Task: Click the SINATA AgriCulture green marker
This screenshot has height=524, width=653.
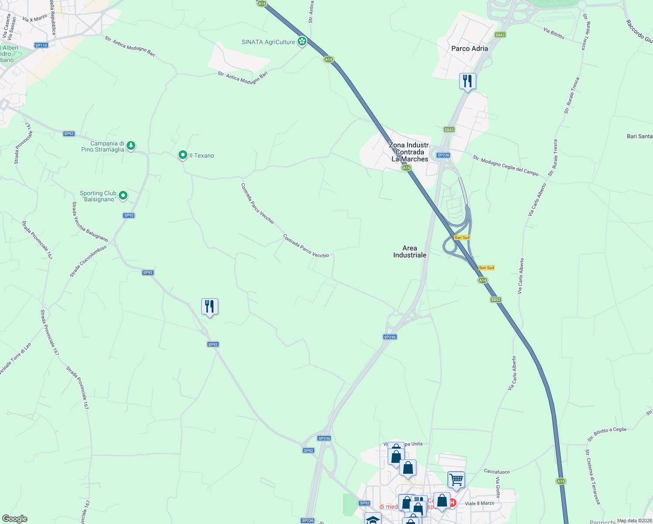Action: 302,42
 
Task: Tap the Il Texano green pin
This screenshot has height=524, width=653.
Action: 183,155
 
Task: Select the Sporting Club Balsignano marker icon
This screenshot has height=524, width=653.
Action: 123,196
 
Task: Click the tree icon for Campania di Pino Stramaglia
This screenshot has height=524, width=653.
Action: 131,146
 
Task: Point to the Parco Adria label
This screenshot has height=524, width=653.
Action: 470,48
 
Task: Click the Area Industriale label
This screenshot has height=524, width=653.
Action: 409,252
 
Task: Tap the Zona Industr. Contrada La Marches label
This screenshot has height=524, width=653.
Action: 409,152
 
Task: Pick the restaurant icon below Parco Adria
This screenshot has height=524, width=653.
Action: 467,81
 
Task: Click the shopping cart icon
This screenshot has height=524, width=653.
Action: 456,479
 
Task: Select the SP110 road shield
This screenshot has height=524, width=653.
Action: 41,45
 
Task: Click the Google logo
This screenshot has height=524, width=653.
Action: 15,519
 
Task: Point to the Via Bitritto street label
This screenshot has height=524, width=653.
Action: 554,33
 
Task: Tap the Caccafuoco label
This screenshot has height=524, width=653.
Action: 497,472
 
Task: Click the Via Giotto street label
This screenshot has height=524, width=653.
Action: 498,487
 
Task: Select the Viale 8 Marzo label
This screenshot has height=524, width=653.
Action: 480,503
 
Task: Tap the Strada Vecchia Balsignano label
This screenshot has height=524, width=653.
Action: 90,222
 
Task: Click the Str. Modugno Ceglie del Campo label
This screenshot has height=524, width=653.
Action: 505,165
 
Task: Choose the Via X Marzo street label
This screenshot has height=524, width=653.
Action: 34,18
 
